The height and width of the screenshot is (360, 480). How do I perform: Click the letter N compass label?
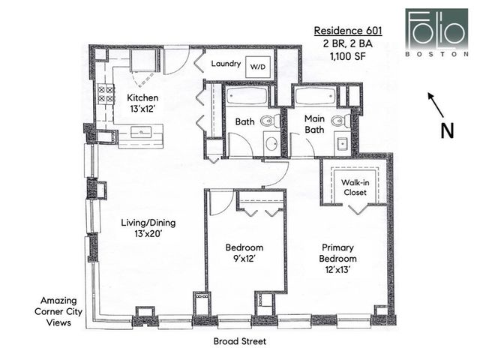pyautogui.click(x=447, y=130)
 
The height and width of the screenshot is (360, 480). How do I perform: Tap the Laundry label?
pyautogui.click(x=226, y=64)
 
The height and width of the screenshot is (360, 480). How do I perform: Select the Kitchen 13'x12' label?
pyautogui.click(x=142, y=103)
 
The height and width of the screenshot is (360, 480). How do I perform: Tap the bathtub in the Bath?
pyautogui.click(x=247, y=97)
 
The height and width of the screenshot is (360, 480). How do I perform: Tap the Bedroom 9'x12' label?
pyautogui.click(x=244, y=253)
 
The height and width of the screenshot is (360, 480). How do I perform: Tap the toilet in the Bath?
pyautogui.click(x=267, y=121)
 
